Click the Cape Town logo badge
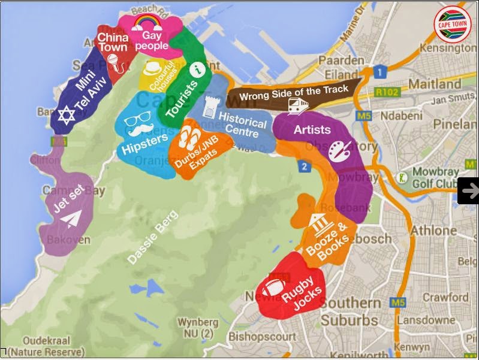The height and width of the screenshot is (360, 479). pos(453,23)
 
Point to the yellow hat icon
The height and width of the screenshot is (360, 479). pos(153,66)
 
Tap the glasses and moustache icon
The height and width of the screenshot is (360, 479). pos(135,124)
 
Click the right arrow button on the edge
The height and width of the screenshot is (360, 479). pos(469,190)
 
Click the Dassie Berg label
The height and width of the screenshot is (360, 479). pos(153,237)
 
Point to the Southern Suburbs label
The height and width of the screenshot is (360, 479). pos(351,311)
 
